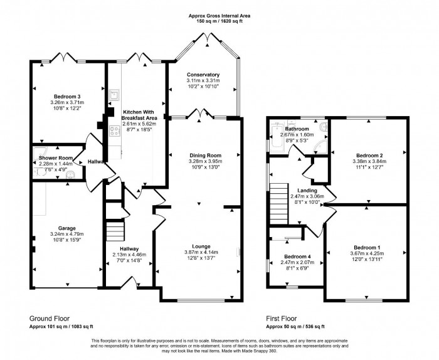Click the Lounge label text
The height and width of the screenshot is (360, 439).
[198, 238]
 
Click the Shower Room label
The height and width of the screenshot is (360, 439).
[52, 157]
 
